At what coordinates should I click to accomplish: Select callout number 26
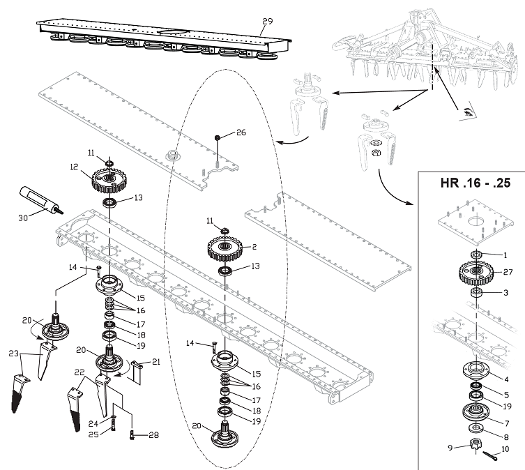point(241,132)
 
